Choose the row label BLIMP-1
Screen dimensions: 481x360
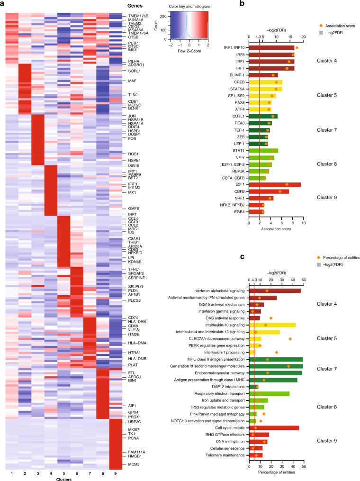point(236,75)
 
